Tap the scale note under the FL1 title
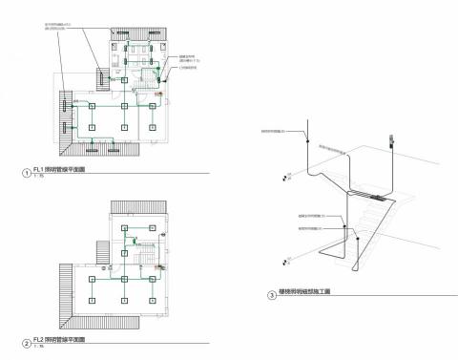37,179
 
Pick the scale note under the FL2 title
37,347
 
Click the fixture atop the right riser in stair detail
391,142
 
